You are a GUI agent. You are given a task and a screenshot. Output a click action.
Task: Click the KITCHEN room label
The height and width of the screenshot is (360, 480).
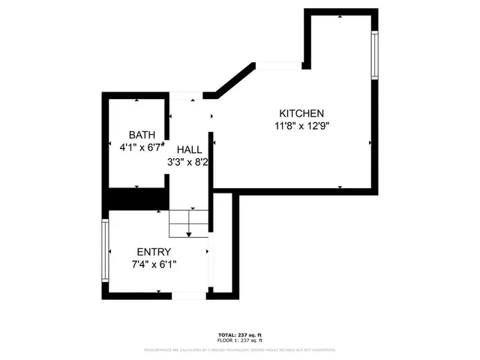pos(301,112)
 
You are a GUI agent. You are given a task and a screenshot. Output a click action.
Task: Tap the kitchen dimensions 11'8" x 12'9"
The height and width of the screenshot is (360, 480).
pos(301,126)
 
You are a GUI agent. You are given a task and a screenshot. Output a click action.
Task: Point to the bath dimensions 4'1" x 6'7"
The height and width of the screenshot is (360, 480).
pos(141,148)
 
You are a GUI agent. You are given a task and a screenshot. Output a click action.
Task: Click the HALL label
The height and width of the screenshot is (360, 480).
pos(189,148)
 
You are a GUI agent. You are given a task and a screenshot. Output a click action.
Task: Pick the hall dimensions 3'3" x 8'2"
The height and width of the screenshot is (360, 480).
pos(188,161)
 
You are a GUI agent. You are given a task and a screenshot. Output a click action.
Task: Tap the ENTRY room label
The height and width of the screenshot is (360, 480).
pos(154,252)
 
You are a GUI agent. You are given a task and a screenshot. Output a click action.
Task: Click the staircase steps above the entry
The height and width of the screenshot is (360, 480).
pos(188,223)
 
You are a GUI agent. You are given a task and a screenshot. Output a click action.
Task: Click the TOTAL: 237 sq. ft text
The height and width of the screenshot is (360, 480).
pos(239,334)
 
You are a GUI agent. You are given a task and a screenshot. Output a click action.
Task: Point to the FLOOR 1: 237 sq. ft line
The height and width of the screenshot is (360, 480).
pos(239,340)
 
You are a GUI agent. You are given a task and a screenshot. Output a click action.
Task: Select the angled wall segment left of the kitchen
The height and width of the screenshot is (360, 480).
pos(232,80)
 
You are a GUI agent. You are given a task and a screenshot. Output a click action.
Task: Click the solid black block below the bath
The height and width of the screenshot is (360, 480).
pos(136,199)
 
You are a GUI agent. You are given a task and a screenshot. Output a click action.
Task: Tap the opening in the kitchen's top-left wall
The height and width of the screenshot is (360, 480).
pos(279,66)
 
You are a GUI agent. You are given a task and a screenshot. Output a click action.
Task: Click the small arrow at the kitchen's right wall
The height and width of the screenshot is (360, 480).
pos(369,142)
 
